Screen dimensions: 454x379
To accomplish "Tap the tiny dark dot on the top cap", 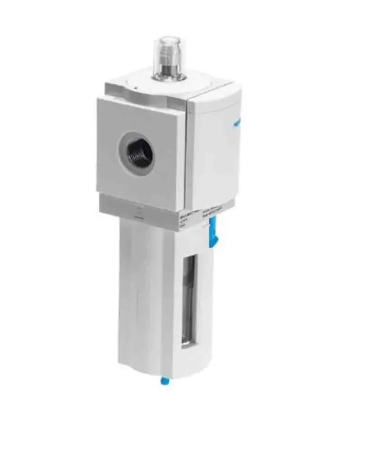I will click(x=135, y=84).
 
